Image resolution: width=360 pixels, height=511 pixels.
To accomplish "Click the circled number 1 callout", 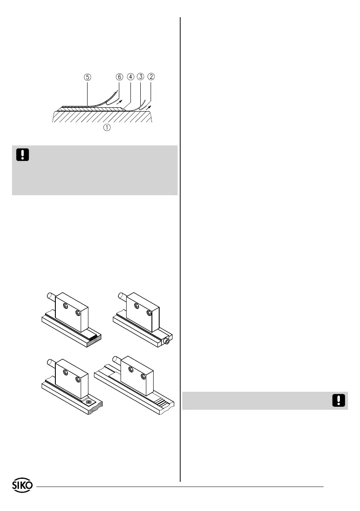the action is click(x=106, y=127).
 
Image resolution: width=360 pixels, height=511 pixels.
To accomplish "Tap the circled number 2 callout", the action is click(x=151, y=77).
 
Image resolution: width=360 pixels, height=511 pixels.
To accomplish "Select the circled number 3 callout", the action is click(x=140, y=77).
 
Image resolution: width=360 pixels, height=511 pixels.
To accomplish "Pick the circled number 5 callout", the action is click(x=88, y=77).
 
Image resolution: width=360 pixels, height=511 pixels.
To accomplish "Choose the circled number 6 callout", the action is click(x=119, y=77).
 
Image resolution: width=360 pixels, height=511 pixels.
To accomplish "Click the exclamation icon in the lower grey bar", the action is click(x=339, y=401).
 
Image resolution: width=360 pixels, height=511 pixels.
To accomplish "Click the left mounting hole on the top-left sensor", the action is click(x=65, y=306).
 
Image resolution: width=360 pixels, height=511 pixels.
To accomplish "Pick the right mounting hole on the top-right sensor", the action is click(x=149, y=313).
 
